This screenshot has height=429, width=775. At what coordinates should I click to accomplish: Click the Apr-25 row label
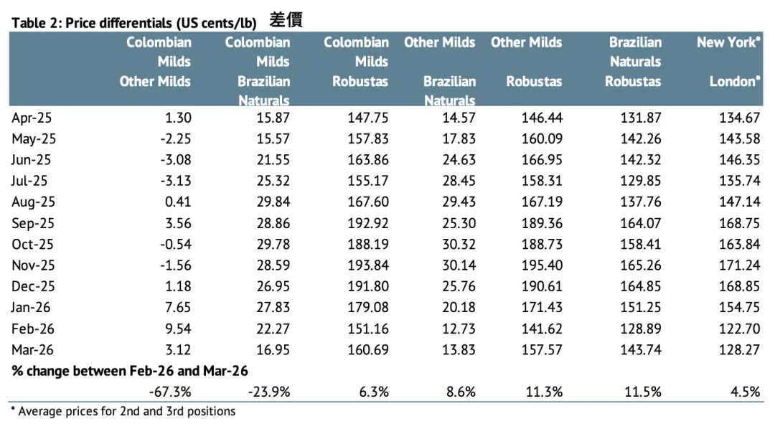pos(32,118)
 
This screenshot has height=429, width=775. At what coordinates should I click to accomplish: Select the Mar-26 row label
pos(32,349)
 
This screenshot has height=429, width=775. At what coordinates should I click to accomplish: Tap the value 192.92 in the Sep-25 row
pos(368,223)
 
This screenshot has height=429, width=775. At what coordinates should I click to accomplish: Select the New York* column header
pos(728,42)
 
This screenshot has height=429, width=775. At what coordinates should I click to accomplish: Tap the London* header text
pos(736,81)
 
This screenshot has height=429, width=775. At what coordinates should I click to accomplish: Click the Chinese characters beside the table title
pos(286,20)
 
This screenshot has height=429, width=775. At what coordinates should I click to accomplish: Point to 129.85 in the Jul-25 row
pos(641,181)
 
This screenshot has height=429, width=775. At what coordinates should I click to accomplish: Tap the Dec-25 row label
pos(32,286)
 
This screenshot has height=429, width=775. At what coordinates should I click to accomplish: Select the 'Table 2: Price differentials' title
pos(134,23)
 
